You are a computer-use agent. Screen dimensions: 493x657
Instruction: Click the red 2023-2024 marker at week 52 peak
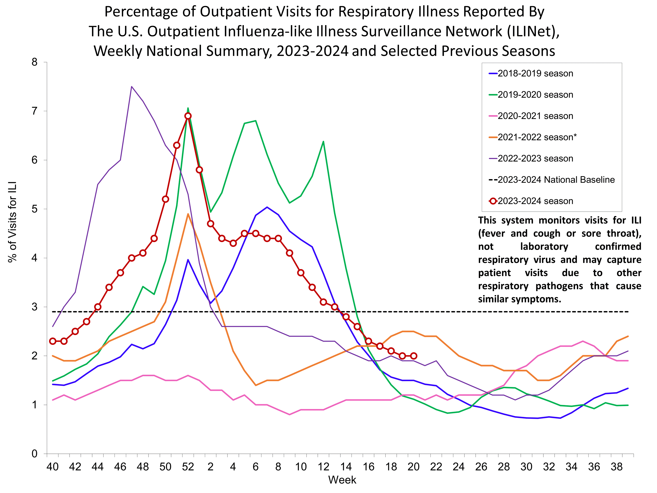(x=188, y=116)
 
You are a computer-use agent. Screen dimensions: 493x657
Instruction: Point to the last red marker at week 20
(x=413, y=356)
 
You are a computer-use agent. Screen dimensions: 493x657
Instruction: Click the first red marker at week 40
(x=52, y=341)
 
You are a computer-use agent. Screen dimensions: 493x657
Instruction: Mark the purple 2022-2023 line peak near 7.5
(x=132, y=87)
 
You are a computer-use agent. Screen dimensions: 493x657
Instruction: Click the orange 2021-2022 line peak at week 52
(x=188, y=214)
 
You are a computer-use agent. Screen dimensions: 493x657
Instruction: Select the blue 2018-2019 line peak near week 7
(x=267, y=207)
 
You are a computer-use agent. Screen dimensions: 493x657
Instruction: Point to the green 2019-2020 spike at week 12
(x=323, y=142)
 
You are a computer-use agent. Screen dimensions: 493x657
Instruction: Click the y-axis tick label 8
(x=34, y=62)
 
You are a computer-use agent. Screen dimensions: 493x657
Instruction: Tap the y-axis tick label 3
(x=34, y=307)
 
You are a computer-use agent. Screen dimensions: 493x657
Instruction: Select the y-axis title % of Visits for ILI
(x=13, y=222)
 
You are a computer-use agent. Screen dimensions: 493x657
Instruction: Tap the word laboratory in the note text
(x=544, y=246)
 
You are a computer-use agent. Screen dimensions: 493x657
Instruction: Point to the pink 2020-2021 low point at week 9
(x=289, y=414)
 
